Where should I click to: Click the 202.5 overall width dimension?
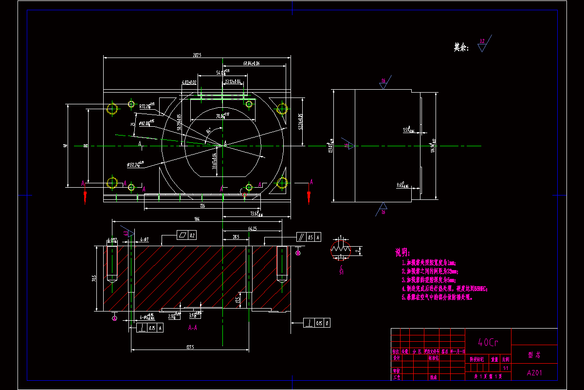click(x=197, y=55)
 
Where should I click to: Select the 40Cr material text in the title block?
click(x=488, y=342)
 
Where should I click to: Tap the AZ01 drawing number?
click(x=534, y=373)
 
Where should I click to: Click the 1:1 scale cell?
click(x=506, y=368)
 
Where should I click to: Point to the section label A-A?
click(x=192, y=328)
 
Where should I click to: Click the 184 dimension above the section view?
click(x=197, y=219)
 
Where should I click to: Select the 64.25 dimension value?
click(x=252, y=228)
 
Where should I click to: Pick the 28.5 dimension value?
click(x=236, y=237)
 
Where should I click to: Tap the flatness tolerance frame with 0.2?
click(x=186, y=235)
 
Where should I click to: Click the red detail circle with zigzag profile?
click(x=341, y=249)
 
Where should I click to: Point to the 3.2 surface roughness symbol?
click(x=482, y=44)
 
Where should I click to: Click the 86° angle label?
click(x=209, y=131)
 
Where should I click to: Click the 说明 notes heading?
click(x=402, y=253)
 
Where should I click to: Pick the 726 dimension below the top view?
click(x=202, y=206)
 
